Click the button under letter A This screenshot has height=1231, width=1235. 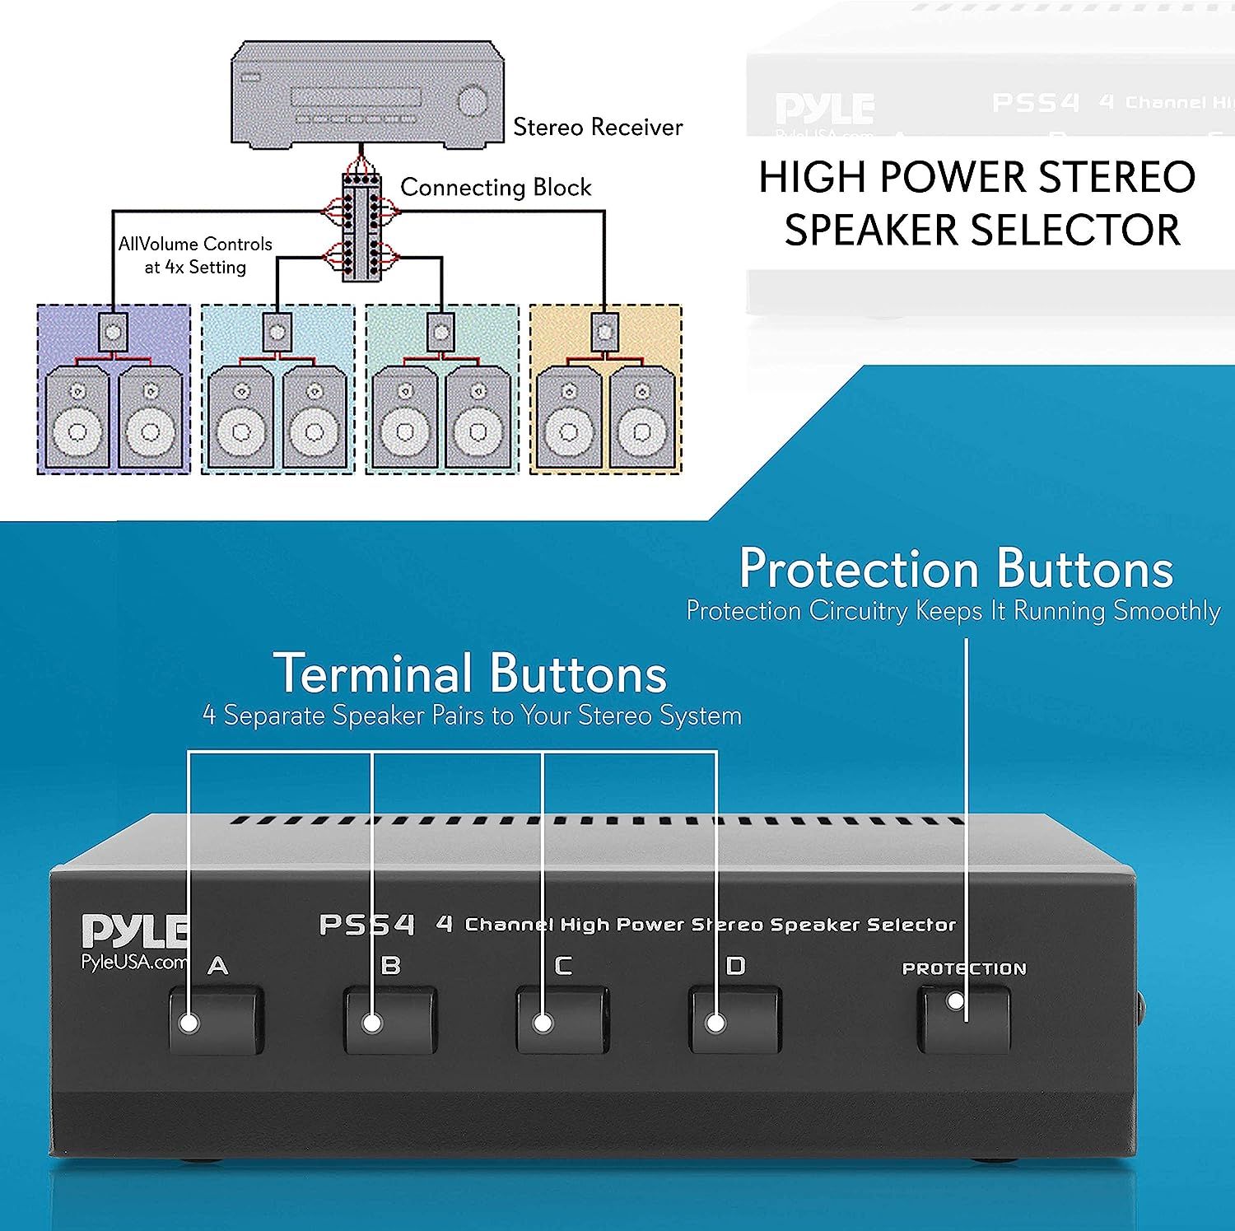click(216, 1022)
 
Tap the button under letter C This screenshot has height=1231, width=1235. click(563, 1022)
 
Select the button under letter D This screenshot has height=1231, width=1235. click(734, 1022)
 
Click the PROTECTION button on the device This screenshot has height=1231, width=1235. click(963, 1020)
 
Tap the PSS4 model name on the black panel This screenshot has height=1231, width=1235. click(367, 925)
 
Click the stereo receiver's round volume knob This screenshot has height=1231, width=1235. click(473, 102)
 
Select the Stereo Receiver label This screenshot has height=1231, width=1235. click(598, 127)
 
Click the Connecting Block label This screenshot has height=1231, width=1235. click(496, 187)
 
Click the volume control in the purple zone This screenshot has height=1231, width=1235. click(113, 332)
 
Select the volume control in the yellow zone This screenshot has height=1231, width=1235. click(605, 332)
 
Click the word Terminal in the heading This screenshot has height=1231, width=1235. click(373, 674)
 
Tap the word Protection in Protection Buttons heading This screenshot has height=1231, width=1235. click(860, 569)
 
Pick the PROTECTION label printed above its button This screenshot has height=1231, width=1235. click(964, 969)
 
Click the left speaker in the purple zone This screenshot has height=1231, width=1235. click(77, 420)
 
